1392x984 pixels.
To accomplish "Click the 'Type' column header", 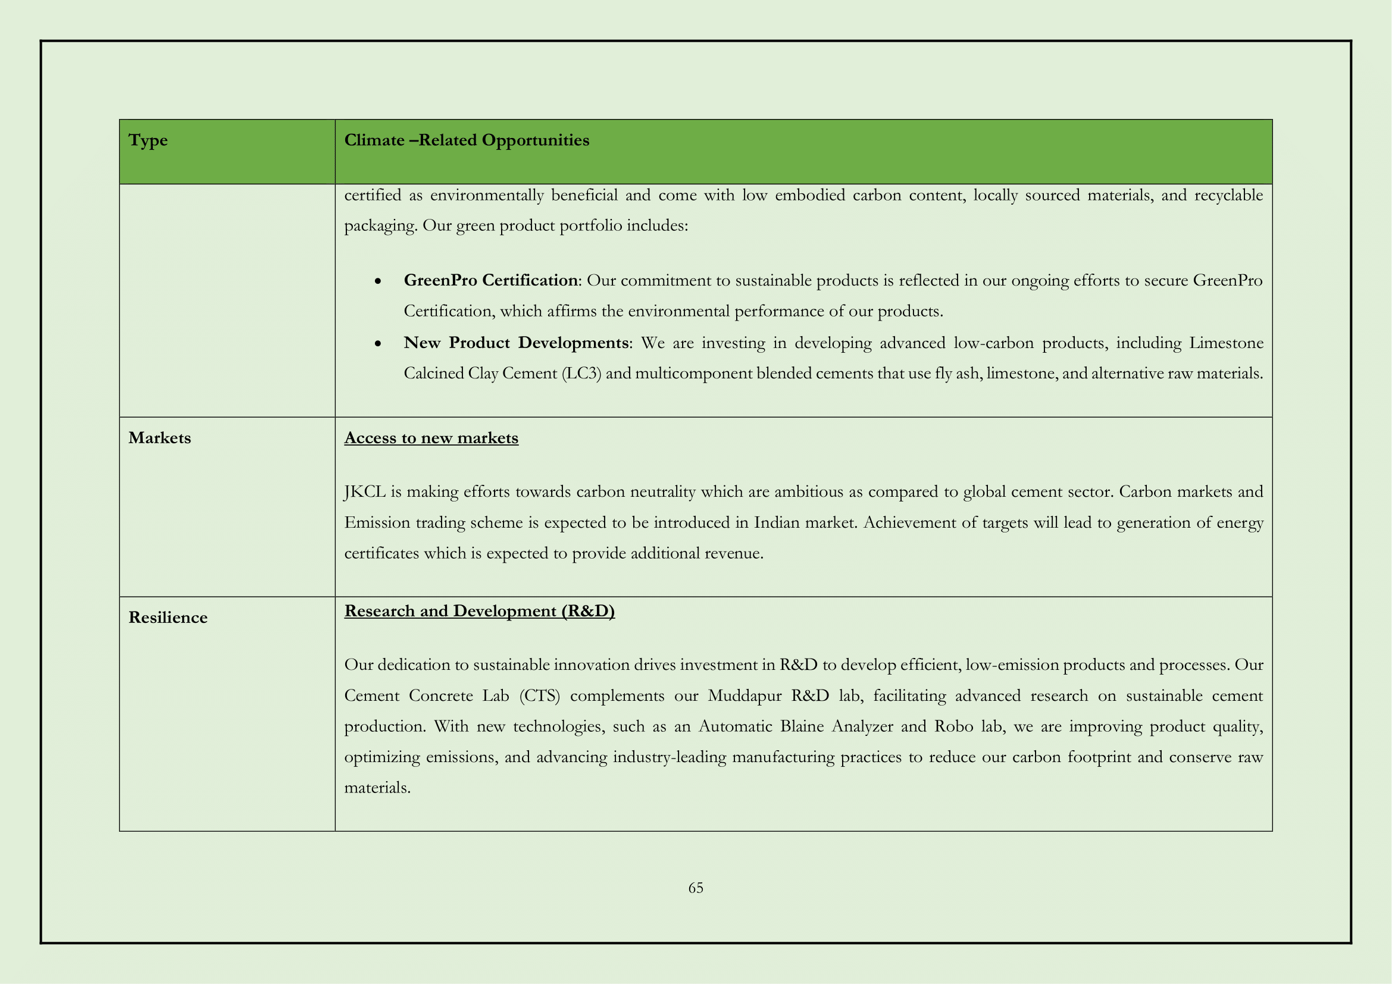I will pos(148,140).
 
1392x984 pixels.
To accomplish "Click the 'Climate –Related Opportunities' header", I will pos(466,140).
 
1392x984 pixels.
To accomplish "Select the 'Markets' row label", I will pos(159,438).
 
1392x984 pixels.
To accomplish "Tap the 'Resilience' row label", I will pos(168,618).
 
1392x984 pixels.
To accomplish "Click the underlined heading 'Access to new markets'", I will pos(431,438).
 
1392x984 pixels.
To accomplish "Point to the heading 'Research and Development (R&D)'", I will pos(480,611).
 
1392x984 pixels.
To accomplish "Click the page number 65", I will pos(695,888).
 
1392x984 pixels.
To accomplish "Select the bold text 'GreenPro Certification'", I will pos(490,281).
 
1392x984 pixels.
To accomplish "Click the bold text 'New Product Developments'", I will pos(516,343).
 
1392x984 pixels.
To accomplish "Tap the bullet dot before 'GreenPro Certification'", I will pos(378,281).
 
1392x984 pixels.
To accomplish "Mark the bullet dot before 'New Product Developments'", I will pos(378,343).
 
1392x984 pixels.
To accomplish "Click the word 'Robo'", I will pos(953,726).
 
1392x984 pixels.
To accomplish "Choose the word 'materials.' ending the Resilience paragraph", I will pos(377,788).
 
